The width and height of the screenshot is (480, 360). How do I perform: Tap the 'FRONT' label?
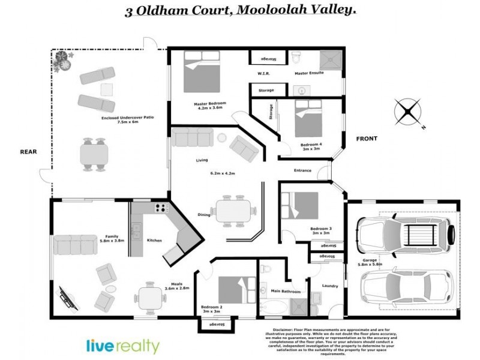(x=367, y=139)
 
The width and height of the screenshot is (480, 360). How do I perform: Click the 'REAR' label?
(x=29, y=152)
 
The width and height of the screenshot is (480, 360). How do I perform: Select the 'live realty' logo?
(x=123, y=346)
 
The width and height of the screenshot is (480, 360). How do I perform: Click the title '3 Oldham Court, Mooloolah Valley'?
(x=240, y=11)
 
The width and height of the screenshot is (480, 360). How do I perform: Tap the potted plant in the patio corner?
(x=62, y=61)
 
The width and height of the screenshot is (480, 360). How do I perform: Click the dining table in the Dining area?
(x=236, y=211)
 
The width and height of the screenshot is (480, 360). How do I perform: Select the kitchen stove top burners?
(x=161, y=209)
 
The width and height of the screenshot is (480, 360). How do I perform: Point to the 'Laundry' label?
(x=330, y=286)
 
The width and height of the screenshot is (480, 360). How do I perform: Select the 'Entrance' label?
(x=302, y=170)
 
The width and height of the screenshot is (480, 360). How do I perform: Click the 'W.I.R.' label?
(x=263, y=74)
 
